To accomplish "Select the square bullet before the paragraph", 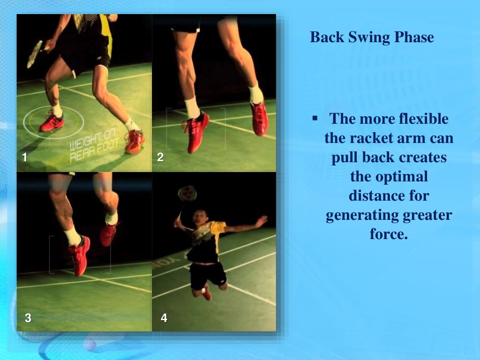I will [x=315, y=116].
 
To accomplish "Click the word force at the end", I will [x=389, y=234].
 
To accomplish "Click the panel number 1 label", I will [x=25, y=158].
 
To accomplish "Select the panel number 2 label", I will [x=160, y=158].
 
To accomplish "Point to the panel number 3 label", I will [x=28, y=318].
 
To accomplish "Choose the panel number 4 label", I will [x=164, y=318].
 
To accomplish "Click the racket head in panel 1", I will [x=35, y=54].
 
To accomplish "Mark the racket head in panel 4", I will [x=187, y=193].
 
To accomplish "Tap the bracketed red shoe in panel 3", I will [x=79, y=255].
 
